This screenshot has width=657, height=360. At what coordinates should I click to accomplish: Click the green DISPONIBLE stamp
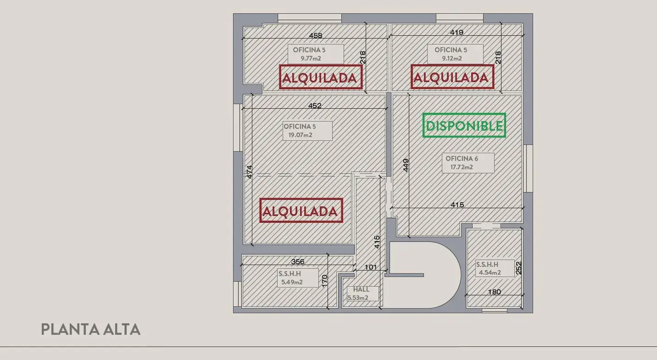point(464,126)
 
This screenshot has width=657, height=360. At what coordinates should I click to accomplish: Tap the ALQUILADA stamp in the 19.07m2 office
point(301,210)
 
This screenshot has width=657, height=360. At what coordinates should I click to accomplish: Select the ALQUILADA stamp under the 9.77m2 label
point(321,77)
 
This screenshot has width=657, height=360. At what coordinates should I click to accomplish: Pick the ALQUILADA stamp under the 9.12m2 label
point(452,77)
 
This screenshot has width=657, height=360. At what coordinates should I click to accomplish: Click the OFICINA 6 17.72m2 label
point(468,163)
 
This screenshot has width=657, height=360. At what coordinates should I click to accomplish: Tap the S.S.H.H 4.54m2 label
point(495,268)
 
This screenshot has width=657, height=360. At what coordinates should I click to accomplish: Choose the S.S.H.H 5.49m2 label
point(298,278)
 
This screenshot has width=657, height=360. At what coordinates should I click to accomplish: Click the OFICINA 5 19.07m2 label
point(307,131)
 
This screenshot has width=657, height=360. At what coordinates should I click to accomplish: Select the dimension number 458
point(316,35)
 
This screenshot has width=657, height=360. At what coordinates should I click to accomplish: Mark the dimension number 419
point(457,32)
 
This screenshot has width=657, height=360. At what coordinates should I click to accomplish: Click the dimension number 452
point(315,105)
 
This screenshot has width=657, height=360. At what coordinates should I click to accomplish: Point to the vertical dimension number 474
point(249,172)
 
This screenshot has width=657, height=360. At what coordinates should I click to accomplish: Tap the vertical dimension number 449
point(406,166)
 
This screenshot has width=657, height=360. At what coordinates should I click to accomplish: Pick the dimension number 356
point(298,261)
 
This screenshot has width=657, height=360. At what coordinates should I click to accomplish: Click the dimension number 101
point(370,267)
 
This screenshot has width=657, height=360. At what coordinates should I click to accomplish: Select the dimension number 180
point(494,292)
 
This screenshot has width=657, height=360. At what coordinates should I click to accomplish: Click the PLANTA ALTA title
point(91,329)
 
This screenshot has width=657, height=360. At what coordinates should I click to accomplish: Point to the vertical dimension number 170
point(324,281)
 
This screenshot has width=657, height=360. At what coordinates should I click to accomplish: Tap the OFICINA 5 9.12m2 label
point(455,54)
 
